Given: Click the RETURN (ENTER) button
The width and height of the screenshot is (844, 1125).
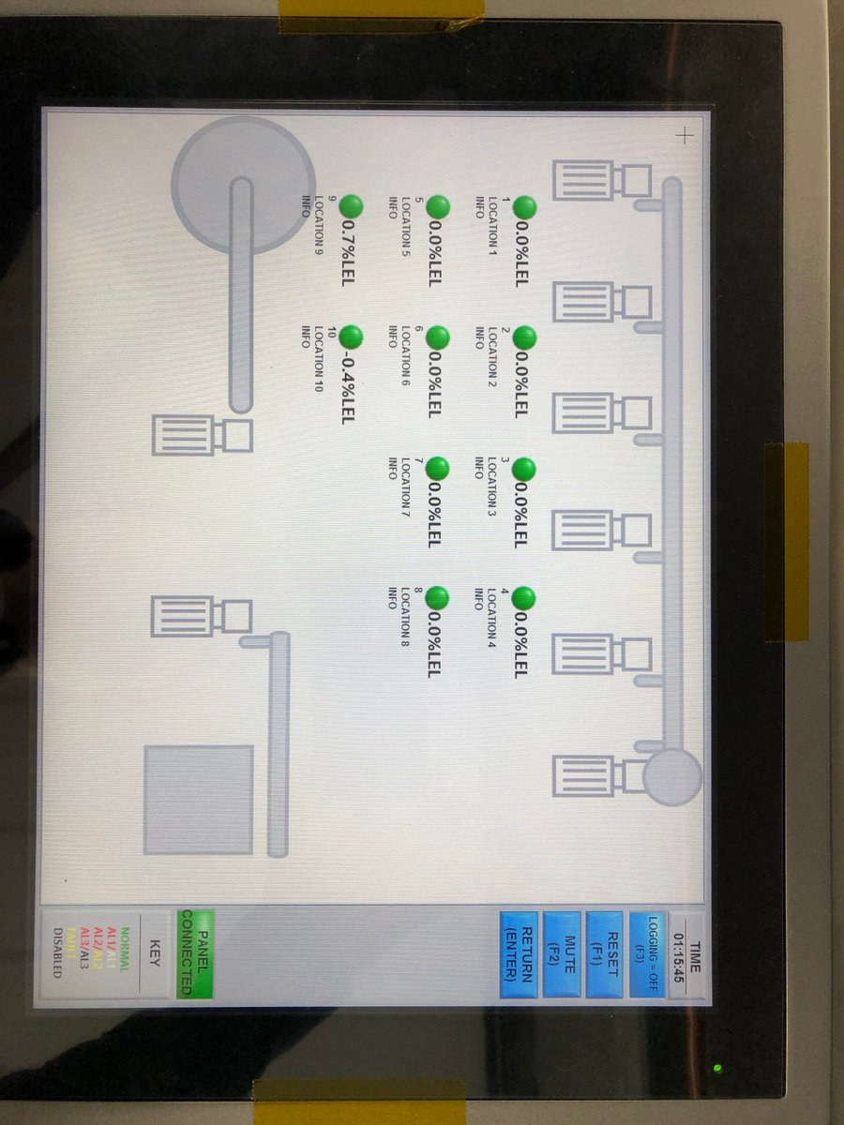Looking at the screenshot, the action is (519, 954).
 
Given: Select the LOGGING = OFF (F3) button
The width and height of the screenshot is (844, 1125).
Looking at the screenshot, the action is (647, 954).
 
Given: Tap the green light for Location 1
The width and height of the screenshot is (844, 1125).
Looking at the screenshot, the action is (524, 206).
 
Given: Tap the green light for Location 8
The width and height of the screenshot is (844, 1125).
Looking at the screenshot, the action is (437, 597).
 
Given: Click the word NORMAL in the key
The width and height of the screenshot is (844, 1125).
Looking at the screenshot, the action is (124, 947).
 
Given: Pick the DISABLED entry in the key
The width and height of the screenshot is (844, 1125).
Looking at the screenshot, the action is (58, 952).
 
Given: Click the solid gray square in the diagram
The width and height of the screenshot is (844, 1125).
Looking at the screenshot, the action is (198, 800).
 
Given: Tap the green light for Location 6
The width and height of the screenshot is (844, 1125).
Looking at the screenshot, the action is (437, 337).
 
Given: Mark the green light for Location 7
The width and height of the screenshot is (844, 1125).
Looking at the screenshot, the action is (437, 469).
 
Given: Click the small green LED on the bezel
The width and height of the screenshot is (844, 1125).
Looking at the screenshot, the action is (717, 1067).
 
